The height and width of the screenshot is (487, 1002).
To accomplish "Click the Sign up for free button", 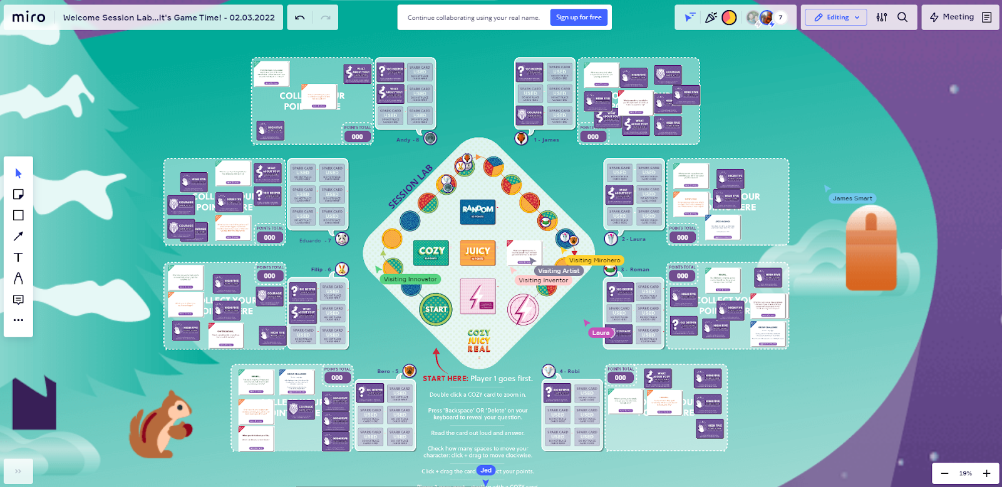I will (x=579, y=18).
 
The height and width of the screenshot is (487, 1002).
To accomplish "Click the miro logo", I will (x=29, y=18).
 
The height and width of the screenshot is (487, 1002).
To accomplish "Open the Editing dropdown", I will (x=836, y=18).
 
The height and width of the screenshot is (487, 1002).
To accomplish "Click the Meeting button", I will (x=951, y=18).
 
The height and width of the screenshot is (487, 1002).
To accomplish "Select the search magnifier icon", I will (x=902, y=18).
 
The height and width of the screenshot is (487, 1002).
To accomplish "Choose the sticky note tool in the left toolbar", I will (x=18, y=194).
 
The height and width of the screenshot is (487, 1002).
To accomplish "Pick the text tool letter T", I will (x=18, y=257).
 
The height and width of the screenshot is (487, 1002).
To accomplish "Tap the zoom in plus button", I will (x=986, y=473).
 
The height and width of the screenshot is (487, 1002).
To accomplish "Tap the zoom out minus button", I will (x=944, y=473).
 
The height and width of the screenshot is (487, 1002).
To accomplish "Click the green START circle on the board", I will (x=436, y=309).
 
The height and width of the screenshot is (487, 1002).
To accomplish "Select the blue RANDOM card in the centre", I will (x=477, y=211).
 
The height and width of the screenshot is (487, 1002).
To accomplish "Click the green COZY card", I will (x=431, y=252).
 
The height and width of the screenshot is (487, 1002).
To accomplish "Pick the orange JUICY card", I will (x=477, y=252).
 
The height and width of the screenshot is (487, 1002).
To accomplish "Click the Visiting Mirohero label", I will (x=594, y=260).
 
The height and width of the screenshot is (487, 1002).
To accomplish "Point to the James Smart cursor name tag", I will (x=852, y=198).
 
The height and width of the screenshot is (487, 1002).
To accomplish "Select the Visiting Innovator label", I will (x=410, y=279).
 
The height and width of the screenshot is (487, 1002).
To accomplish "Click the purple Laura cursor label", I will (x=601, y=333).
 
